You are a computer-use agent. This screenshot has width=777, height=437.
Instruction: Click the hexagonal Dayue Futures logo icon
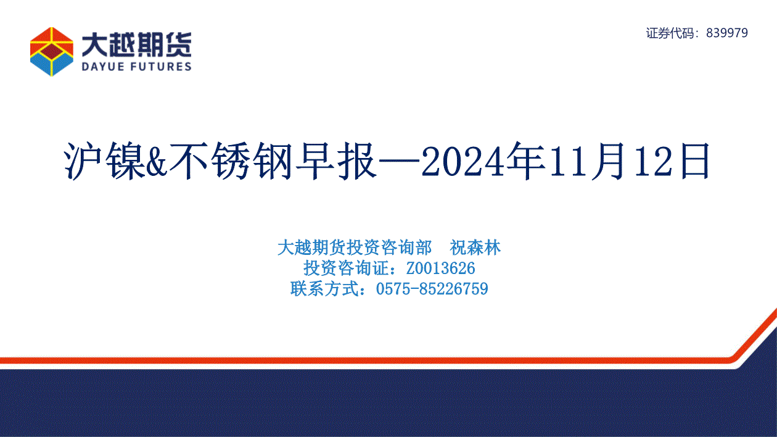click(52, 51)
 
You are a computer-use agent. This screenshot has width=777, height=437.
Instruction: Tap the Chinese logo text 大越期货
click(136, 45)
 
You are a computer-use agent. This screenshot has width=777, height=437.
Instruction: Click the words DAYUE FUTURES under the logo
click(136, 66)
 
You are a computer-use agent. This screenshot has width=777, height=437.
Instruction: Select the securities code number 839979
click(726, 33)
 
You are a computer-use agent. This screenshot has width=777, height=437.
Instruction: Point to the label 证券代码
click(670, 33)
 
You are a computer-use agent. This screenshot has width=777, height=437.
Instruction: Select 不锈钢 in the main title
click(231, 161)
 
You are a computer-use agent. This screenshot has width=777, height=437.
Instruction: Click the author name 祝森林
click(475, 248)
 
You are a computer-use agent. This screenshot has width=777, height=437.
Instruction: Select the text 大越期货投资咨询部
click(355, 248)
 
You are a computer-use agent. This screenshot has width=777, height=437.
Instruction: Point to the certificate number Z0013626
click(440, 268)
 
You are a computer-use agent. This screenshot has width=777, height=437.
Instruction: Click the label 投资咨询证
click(346, 268)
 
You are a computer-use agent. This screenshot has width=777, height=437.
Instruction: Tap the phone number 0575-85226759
click(432, 289)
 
